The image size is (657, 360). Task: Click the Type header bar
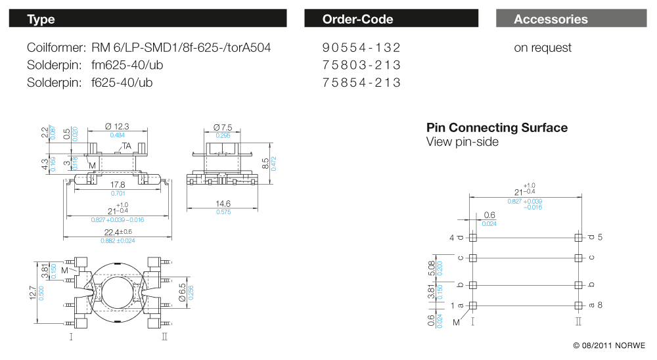point(148,18)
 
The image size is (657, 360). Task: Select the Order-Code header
point(391,18)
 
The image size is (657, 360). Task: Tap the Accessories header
point(571,18)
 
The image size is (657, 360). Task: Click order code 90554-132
point(361,48)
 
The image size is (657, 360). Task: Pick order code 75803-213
point(361,65)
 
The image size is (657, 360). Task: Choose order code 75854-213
point(361,82)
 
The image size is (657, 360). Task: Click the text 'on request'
point(543,48)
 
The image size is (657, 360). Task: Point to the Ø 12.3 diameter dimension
point(117,127)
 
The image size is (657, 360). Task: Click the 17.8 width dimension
point(118,185)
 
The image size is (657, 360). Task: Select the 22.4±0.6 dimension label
point(118,232)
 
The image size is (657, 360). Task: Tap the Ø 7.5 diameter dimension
point(223,127)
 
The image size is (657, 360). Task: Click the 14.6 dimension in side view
point(223,204)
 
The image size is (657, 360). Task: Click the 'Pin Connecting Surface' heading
point(497,127)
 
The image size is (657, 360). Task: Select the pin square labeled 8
point(578,305)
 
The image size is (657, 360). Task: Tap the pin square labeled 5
point(578,237)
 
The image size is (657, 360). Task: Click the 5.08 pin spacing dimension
point(431,267)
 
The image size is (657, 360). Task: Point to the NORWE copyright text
point(609,346)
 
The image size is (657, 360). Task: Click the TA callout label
point(127,146)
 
